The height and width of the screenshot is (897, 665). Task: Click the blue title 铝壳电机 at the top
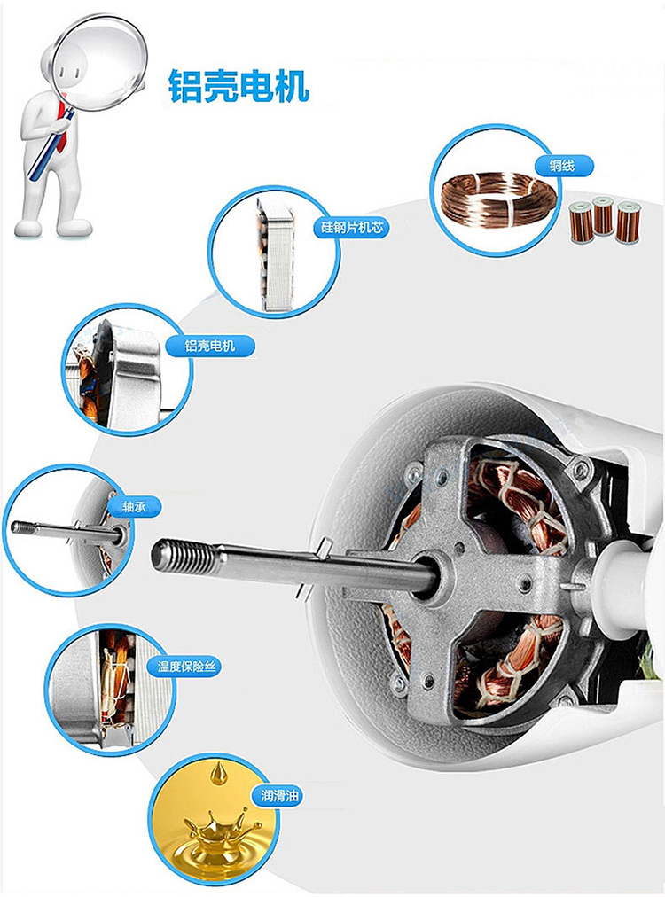click(239, 86)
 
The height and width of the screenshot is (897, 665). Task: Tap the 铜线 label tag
click(562, 167)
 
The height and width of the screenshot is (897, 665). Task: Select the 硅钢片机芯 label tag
click(351, 228)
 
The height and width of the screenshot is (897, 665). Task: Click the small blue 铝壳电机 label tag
click(210, 346)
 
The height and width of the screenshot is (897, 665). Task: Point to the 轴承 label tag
click(135, 507)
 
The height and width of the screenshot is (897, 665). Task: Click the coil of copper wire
click(498, 199)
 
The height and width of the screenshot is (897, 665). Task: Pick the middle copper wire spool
click(603, 215)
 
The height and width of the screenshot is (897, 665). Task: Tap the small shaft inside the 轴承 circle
click(65, 530)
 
